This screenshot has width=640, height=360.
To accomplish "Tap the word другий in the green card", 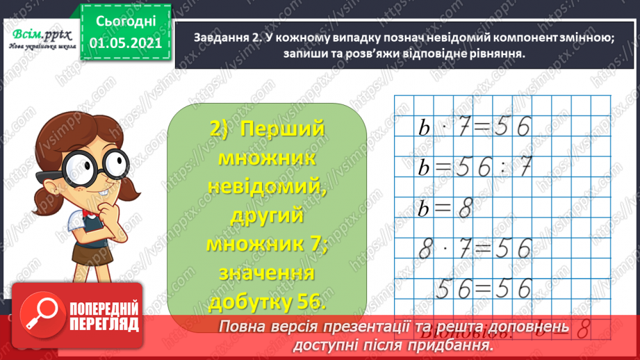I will click(x=267, y=218).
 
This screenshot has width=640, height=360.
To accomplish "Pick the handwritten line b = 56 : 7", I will click(x=474, y=167).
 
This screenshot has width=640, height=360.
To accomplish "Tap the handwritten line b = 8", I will click(x=445, y=208).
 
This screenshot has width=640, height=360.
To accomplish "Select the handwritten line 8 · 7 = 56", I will click(x=474, y=248).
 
